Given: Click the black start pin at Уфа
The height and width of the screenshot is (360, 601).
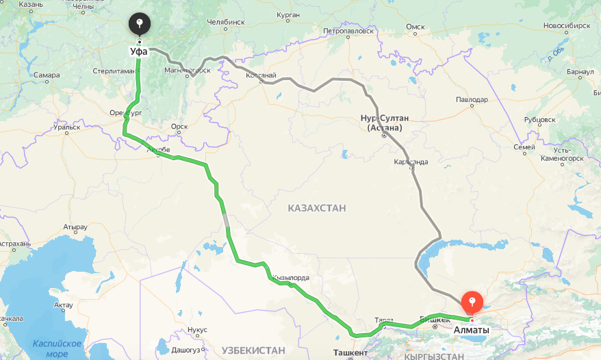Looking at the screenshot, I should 139,26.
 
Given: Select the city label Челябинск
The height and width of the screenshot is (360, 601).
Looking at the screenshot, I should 225,22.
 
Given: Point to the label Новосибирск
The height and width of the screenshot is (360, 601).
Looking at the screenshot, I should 567,25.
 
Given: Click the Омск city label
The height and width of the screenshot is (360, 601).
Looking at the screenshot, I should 415,27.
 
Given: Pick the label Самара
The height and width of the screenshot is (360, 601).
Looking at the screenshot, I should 46,75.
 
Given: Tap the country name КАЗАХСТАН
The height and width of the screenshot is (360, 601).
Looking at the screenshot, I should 317,208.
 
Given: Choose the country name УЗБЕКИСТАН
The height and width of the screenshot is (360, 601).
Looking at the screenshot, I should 253,350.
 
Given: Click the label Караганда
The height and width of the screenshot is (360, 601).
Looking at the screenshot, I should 411,162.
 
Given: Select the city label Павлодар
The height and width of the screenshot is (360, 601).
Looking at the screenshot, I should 472,99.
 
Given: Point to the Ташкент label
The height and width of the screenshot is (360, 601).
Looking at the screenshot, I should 350,352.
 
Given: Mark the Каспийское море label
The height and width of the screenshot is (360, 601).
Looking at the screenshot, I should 57,348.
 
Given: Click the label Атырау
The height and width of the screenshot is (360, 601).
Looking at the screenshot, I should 75,227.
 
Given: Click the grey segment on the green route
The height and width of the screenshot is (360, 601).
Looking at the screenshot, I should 226,220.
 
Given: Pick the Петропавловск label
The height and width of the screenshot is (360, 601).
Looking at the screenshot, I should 349,31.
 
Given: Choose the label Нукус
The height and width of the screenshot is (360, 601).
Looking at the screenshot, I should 196,330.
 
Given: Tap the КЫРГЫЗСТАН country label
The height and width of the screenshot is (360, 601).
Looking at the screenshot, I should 434,356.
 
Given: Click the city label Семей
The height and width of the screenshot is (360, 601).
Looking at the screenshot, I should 524,147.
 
